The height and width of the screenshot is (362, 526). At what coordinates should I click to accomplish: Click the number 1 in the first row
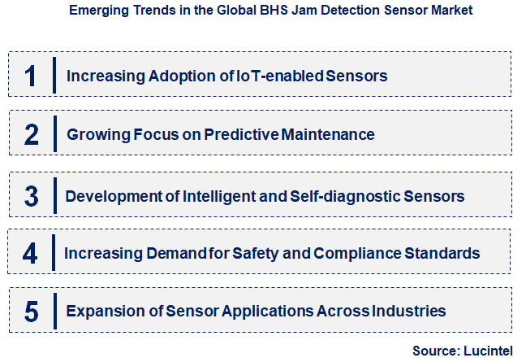[x=31, y=76]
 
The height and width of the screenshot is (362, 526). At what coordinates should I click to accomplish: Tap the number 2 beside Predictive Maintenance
[x=32, y=134]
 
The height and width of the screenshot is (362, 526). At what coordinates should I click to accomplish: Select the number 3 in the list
[x=32, y=196]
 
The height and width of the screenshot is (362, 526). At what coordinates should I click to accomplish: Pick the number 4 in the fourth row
[x=30, y=253]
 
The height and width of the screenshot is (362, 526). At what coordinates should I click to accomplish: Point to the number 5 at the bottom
[x=32, y=311]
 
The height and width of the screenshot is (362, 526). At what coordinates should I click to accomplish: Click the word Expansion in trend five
[x=102, y=311]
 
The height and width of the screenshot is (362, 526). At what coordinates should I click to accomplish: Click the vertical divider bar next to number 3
[x=55, y=196]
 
